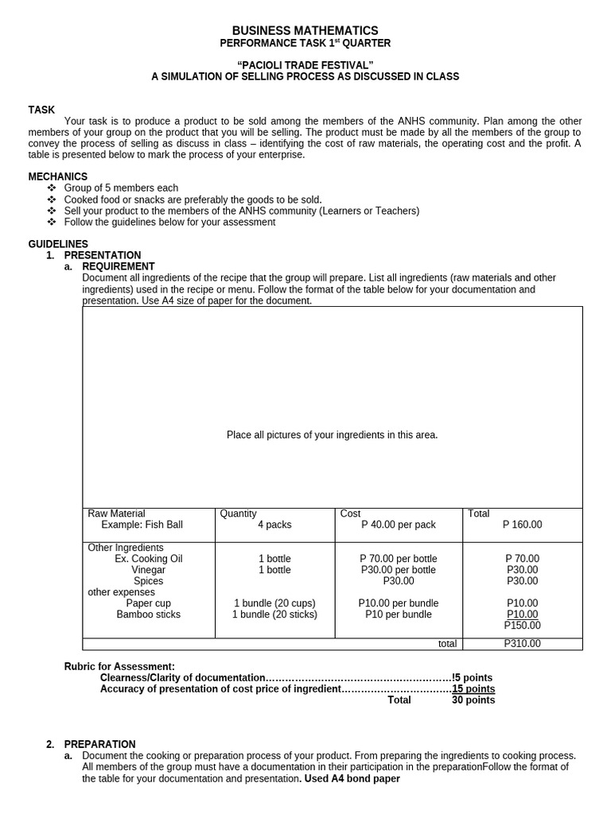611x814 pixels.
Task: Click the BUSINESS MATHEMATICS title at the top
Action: coord(305,30)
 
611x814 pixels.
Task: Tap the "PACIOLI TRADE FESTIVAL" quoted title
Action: coord(305,64)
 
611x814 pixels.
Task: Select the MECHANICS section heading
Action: coord(58,176)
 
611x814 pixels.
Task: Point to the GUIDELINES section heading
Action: coord(58,244)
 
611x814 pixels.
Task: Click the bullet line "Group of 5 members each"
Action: coord(121,188)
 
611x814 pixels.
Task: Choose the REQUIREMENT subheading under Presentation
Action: coord(119,266)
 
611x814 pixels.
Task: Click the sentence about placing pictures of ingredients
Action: coord(332,435)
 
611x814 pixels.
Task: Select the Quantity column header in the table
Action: coord(238,514)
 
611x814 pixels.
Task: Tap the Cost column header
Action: coord(350,514)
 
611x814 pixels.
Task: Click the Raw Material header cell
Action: coord(116,514)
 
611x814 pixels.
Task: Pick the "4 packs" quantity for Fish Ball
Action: coord(274,525)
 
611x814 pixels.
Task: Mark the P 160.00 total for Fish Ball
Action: coord(522,525)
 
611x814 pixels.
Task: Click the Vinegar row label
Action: coord(149,570)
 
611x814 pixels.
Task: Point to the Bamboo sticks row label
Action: coord(149,614)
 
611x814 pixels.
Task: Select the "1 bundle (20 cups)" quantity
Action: coord(274,603)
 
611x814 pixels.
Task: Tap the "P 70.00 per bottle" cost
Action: coord(398,559)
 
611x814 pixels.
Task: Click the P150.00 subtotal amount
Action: coord(522,626)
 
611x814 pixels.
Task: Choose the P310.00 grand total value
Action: coord(522,644)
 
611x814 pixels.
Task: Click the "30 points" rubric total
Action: coord(473,700)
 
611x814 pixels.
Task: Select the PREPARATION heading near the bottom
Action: coord(99,744)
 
